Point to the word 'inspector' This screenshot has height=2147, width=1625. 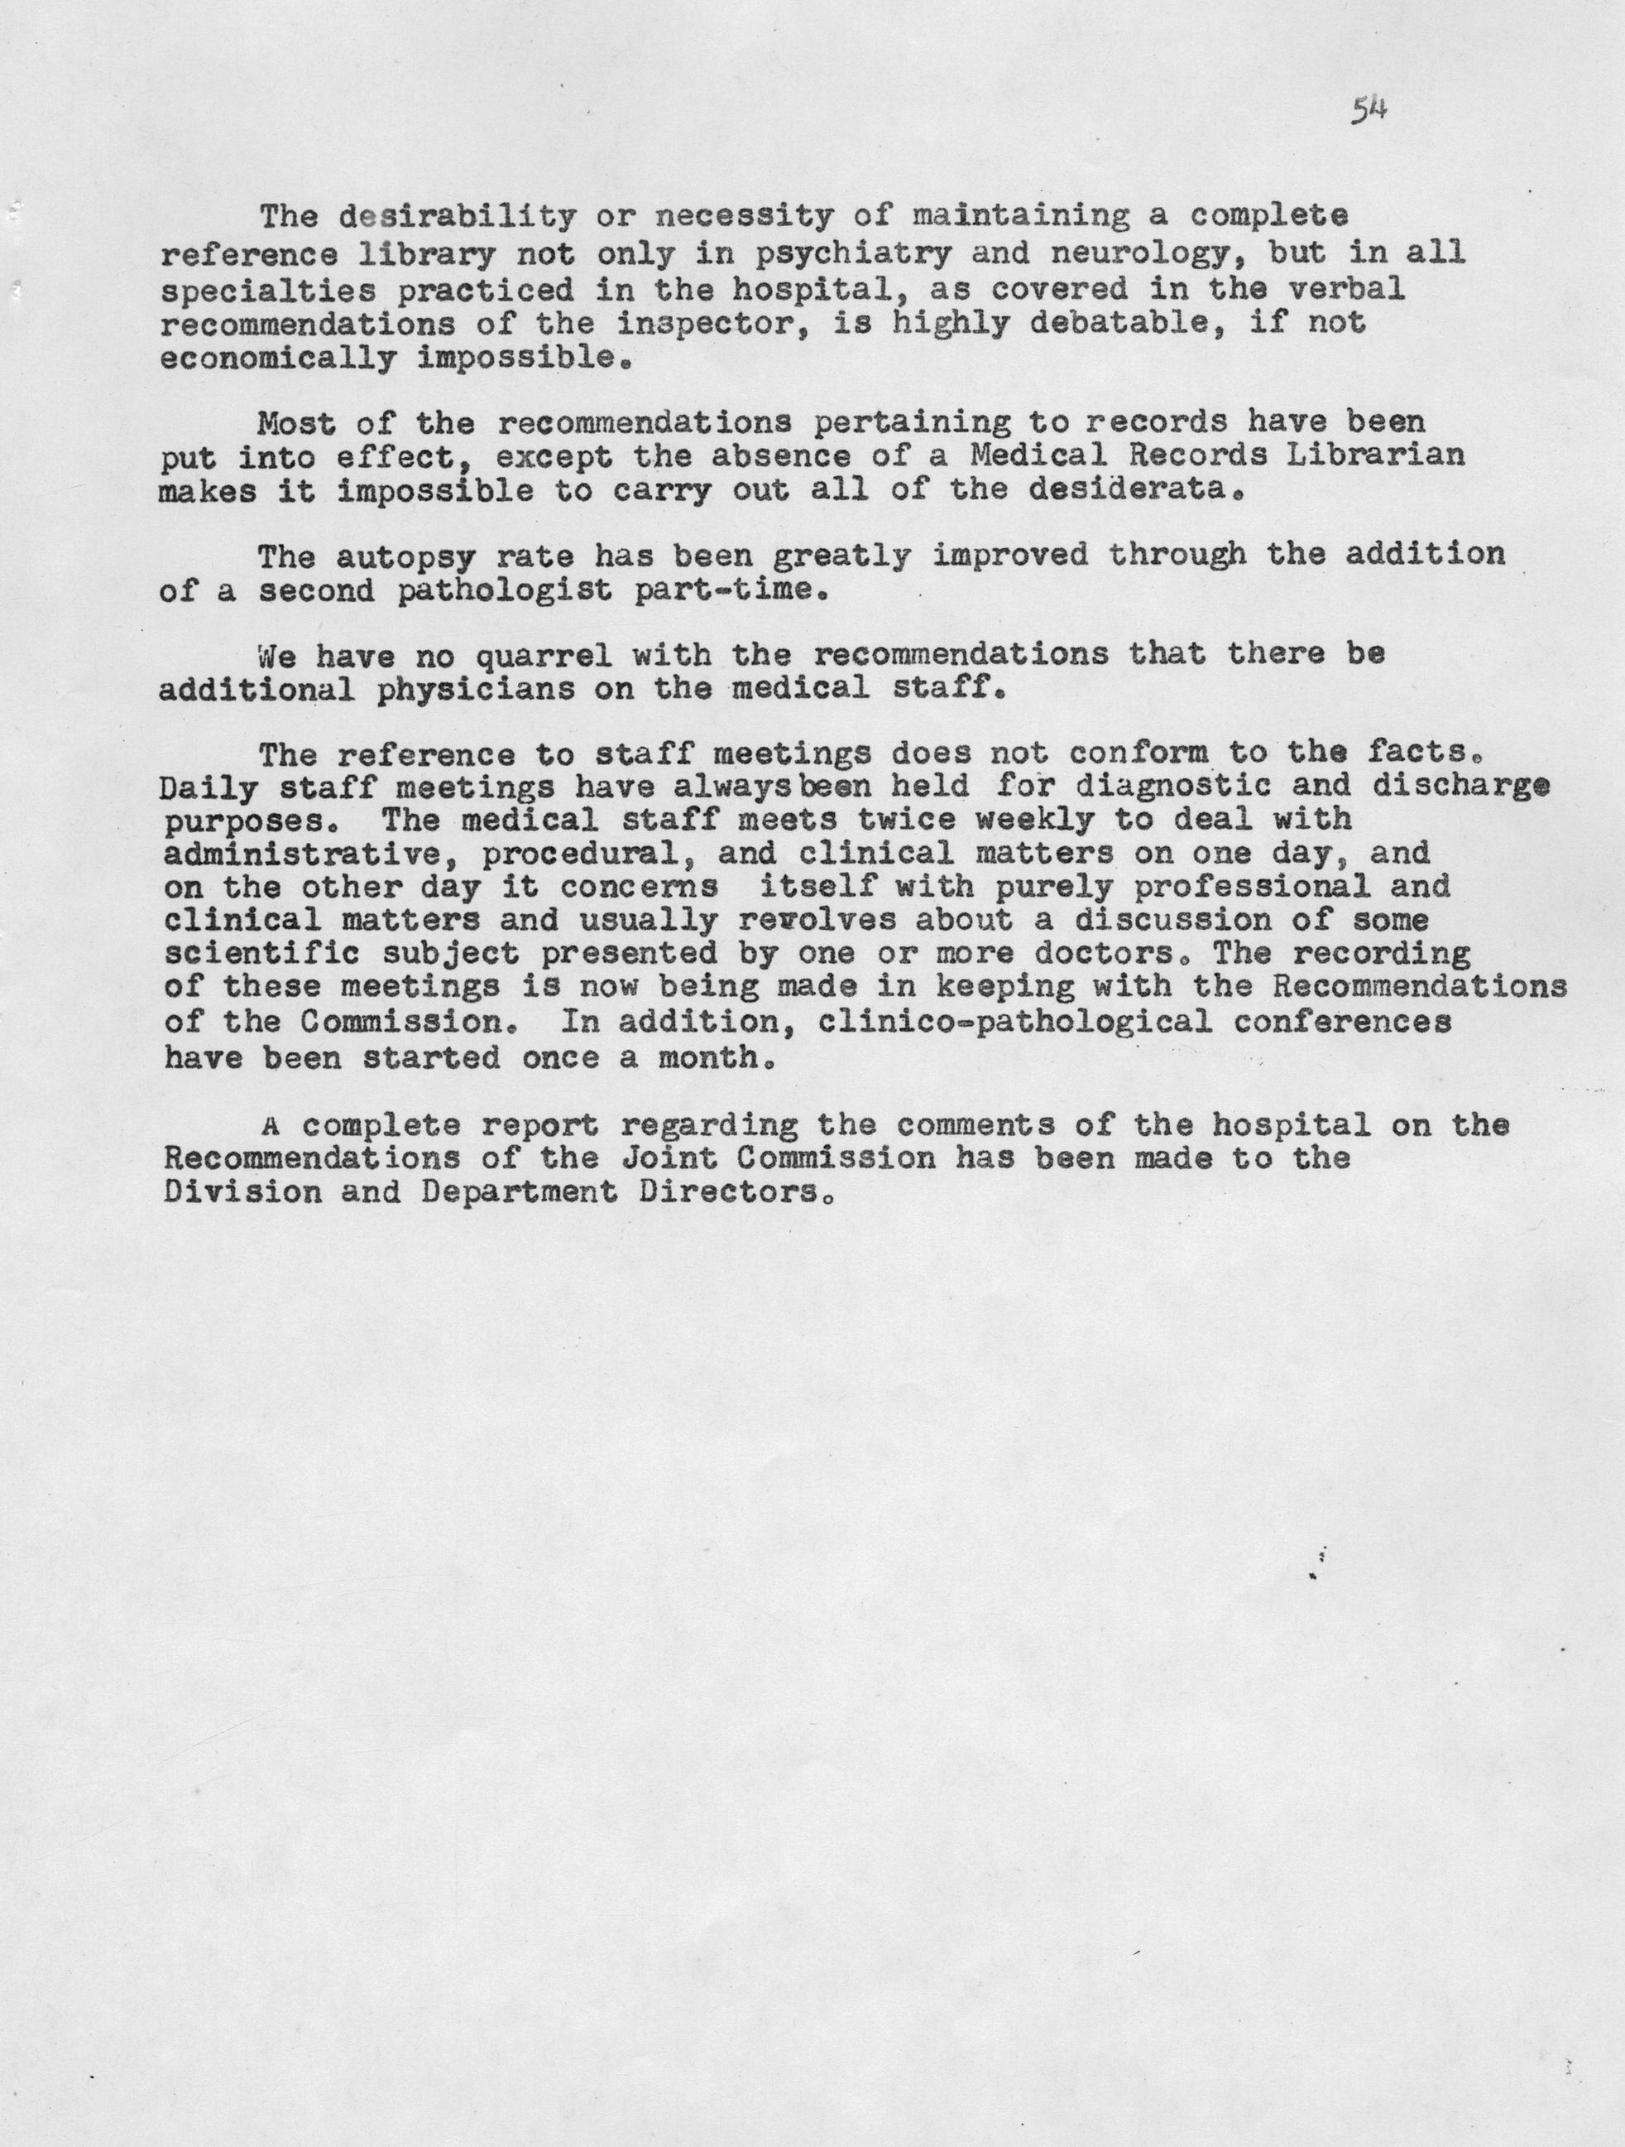point(713,323)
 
